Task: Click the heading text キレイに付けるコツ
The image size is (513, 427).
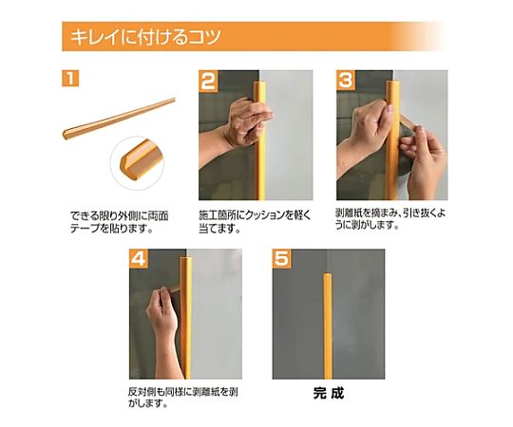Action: click(145, 37)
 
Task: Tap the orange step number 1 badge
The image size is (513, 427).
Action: click(70, 79)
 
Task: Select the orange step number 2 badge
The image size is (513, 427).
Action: click(208, 81)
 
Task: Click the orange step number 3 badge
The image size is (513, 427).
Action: click(346, 80)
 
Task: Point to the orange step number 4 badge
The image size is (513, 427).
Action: click(139, 259)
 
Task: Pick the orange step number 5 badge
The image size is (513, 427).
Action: click(282, 259)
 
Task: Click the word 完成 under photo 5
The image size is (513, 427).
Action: click(328, 393)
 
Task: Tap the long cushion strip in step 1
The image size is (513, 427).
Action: click(119, 118)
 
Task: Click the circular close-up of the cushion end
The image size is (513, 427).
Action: click(138, 162)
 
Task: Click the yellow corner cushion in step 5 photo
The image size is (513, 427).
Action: click(328, 325)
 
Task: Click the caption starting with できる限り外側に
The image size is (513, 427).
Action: click(120, 222)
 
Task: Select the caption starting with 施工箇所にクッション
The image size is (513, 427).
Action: click(255, 221)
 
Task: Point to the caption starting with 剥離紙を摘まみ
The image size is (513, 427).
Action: click(390, 219)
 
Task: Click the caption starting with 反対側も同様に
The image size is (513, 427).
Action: click(183, 398)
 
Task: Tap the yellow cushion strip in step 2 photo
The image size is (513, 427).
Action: click(260, 140)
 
